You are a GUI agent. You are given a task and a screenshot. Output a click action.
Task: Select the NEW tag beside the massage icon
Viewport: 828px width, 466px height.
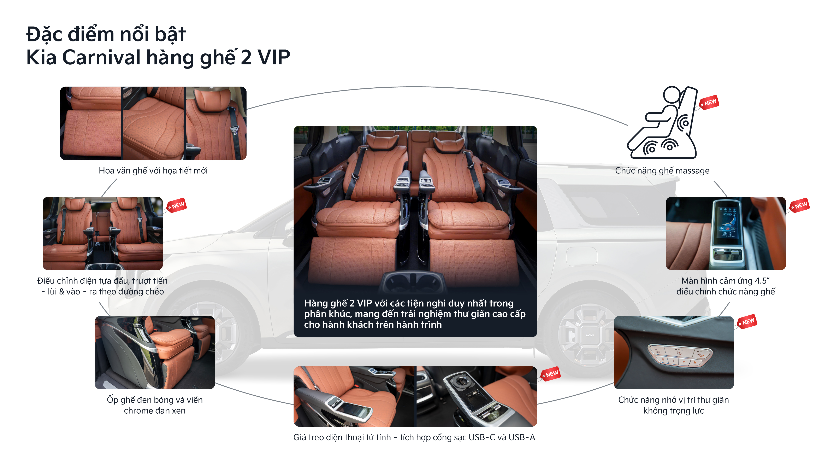[x=710, y=103]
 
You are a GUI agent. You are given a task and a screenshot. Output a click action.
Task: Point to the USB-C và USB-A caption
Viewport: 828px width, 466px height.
[x=414, y=437]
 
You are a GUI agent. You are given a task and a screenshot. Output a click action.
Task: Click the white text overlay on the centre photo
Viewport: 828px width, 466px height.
[x=415, y=314]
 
